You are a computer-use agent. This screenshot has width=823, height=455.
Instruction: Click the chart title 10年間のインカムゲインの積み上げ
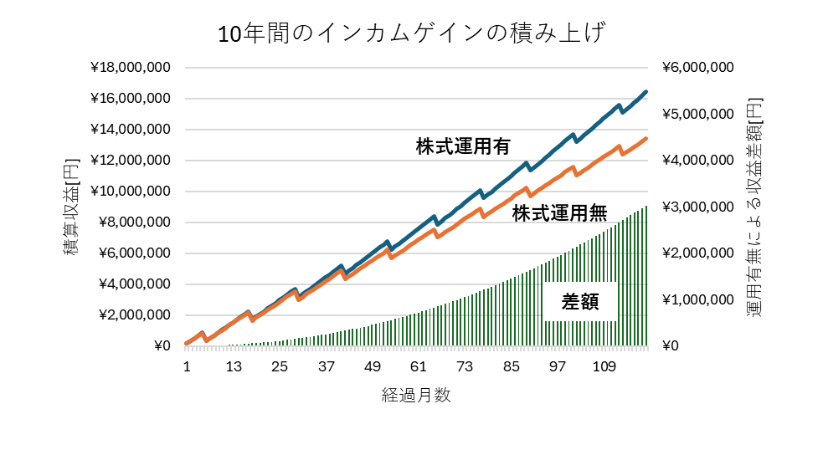pyautogui.click(x=410, y=34)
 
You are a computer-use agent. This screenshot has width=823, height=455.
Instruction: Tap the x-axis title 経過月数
pyautogui.click(x=416, y=396)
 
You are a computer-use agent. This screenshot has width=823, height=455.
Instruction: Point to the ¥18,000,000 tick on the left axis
pyautogui.click(x=130, y=68)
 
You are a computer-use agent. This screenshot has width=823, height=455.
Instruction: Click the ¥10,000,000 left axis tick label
pyautogui.click(x=130, y=192)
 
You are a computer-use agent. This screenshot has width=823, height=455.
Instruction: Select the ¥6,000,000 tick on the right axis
pyautogui.click(x=698, y=68)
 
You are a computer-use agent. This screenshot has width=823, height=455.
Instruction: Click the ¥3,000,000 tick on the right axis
pyautogui.click(x=698, y=207)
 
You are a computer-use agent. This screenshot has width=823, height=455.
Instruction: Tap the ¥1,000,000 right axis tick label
pyautogui.click(x=698, y=299)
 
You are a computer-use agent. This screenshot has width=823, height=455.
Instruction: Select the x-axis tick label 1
pyautogui.click(x=187, y=367)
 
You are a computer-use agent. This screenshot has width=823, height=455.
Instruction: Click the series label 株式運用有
pyautogui.click(x=463, y=146)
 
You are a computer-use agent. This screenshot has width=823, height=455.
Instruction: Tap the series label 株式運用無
pyautogui.click(x=559, y=212)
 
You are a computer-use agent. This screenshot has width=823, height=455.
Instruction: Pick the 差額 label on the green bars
pyautogui.click(x=580, y=303)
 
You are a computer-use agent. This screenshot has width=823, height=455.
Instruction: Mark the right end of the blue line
pyautogui.click(x=646, y=92)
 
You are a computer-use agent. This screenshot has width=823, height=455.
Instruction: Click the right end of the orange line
pyautogui.click(x=646, y=139)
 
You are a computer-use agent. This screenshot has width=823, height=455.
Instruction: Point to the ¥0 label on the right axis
pyautogui.click(x=672, y=346)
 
